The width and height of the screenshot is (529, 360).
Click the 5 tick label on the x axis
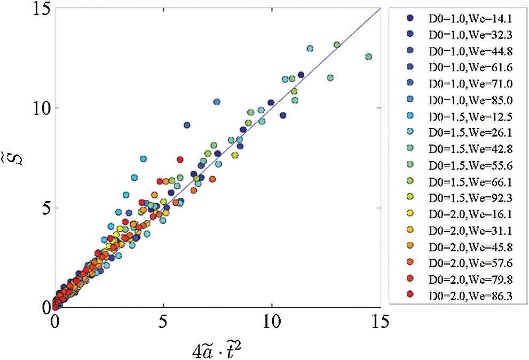[x=163, y=323]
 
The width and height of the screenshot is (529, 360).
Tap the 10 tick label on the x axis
[x=272, y=323]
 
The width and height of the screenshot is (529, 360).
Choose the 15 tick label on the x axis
[x=380, y=323]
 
